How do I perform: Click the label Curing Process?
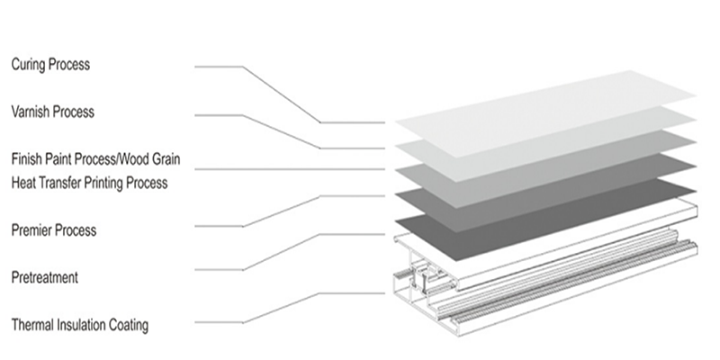pos(50,64)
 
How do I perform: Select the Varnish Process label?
pos(53,112)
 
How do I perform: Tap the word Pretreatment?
pos(44,277)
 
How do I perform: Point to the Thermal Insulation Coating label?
pos(80,325)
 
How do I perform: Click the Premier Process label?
pos(54,229)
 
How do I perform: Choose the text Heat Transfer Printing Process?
pos(89,183)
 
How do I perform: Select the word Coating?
pos(129,325)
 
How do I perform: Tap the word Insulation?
pos(82,325)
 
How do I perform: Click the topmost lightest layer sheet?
pos(545,114)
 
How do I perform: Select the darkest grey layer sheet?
pos(545,220)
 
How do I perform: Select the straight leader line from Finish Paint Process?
pos(290,169)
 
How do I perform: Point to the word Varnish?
pos(31,112)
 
